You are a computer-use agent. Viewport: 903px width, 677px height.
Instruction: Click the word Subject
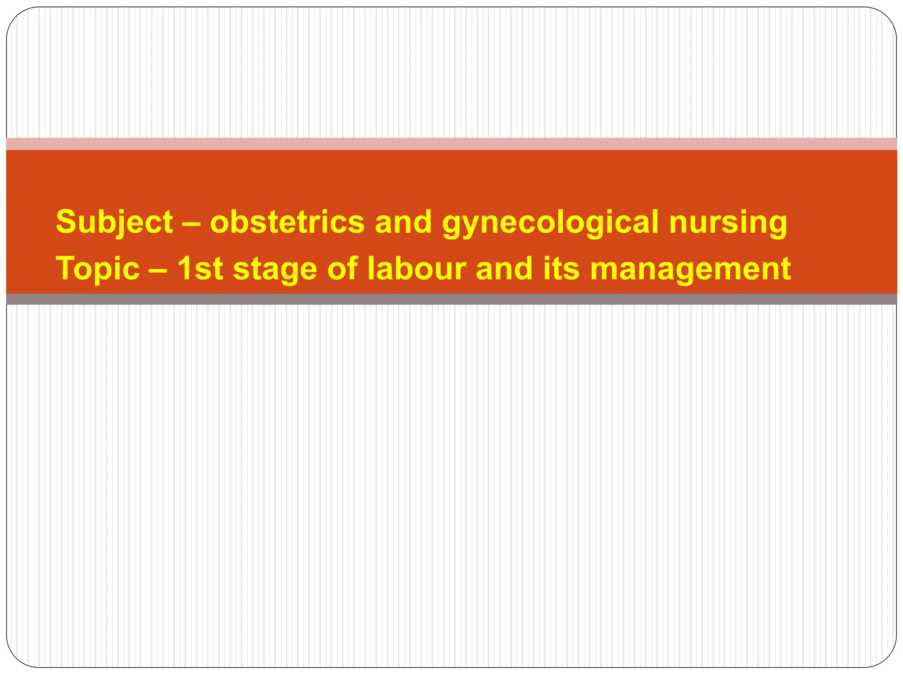[114, 222]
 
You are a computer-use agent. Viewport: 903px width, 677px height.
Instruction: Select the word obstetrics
[287, 222]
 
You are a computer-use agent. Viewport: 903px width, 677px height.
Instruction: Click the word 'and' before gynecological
[403, 222]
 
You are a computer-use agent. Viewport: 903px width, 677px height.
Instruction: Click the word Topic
[97, 269]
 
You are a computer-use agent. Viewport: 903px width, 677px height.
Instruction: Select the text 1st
[200, 269]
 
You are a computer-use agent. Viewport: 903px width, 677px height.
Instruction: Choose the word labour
[417, 269]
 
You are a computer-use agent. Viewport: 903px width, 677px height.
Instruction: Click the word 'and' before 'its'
[504, 269]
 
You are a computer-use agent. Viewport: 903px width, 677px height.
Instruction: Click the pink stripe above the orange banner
[451, 144]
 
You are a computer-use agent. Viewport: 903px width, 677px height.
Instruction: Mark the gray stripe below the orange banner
[451, 299]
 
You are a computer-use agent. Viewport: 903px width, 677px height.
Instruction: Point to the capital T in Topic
[65, 269]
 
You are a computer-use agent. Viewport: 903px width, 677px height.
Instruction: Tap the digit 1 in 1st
[185, 269]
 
